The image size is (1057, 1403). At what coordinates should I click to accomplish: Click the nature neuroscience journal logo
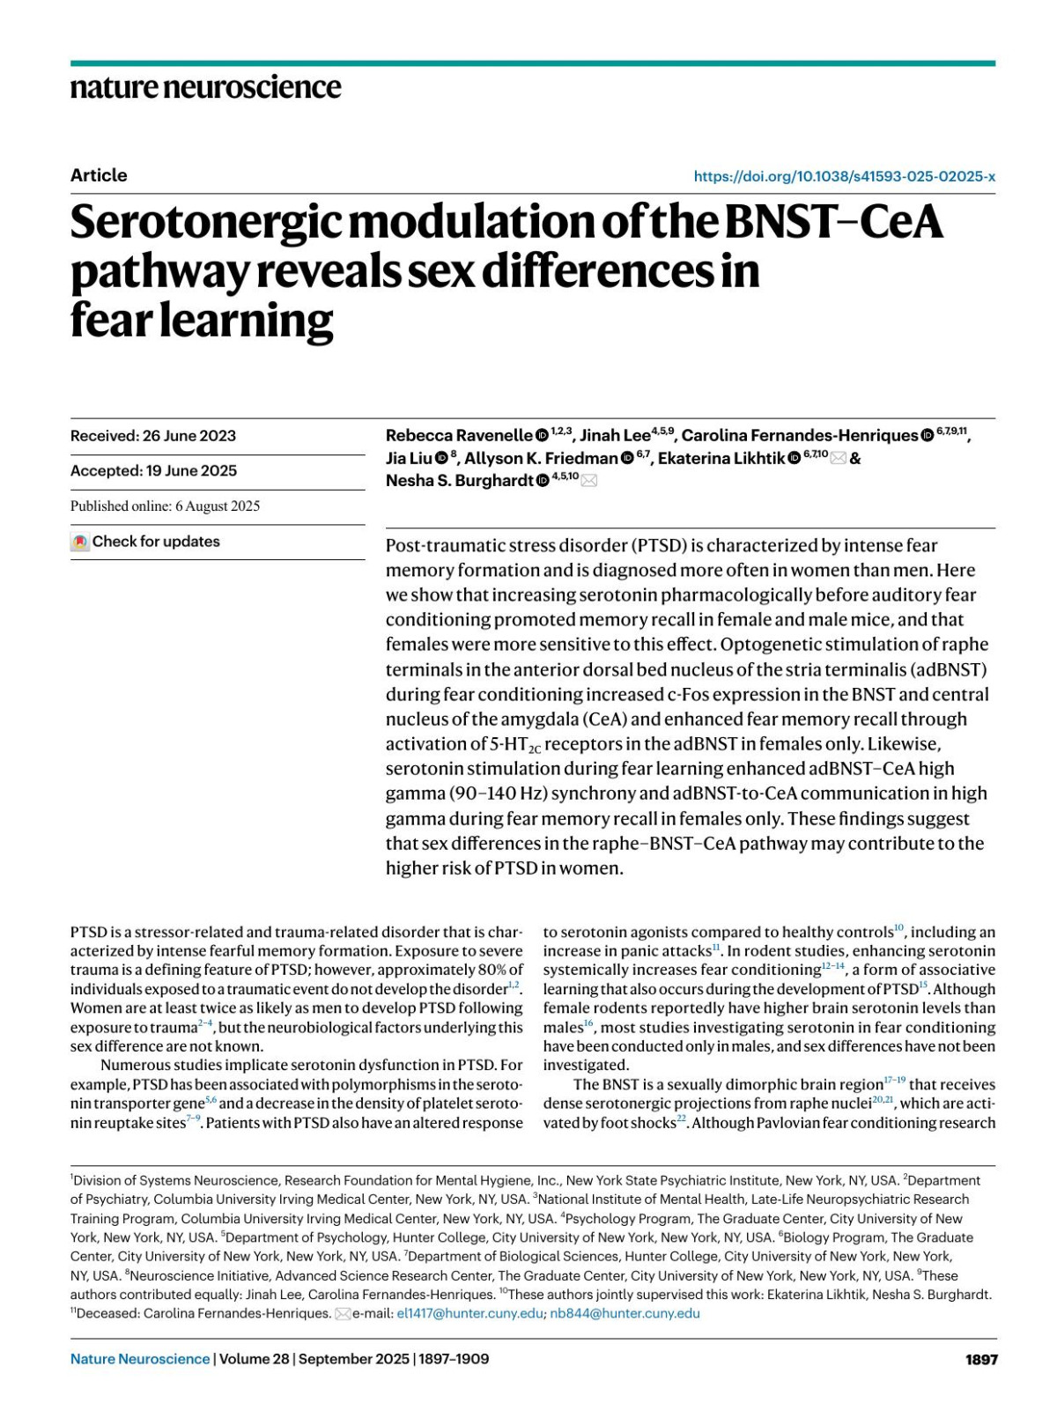(205, 87)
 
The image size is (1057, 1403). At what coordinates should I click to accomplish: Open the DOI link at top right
(844, 176)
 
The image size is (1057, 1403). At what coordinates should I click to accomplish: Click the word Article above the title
(99, 175)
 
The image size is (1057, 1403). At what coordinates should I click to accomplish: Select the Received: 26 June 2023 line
(153, 436)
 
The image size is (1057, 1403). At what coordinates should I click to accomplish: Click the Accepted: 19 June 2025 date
(153, 471)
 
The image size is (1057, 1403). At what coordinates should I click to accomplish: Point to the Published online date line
(165, 506)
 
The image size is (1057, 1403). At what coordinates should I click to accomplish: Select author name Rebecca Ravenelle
(458, 436)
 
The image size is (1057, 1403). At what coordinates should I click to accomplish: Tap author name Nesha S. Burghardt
(459, 481)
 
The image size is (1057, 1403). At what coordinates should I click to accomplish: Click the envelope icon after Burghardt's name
(589, 481)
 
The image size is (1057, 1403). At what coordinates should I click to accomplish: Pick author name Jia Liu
(409, 458)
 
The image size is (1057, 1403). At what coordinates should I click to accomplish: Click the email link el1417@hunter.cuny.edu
(469, 1313)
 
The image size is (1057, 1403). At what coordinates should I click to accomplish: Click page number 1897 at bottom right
(980, 1359)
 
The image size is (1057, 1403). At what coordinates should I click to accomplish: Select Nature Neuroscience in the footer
(140, 1359)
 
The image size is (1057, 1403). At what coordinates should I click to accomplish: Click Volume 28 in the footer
(254, 1359)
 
